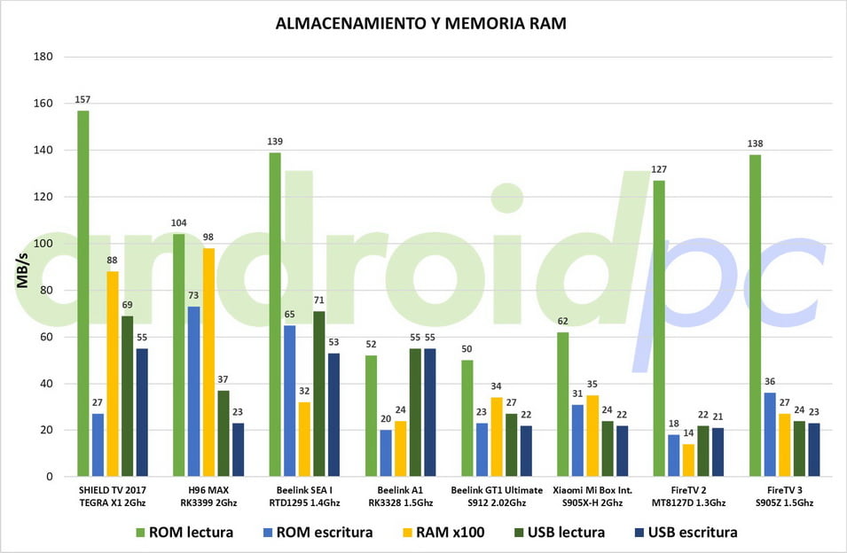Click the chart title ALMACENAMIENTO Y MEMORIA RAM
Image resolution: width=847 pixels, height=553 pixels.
pyautogui.click(x=421, y=24)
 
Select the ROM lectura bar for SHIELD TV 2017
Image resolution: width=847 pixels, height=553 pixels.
pyautogui.click(x=83, y=293)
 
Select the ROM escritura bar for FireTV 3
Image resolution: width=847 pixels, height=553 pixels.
pyautogui.click(x=770, y=434)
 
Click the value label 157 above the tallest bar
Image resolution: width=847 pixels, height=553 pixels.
pyautogui.click(x=83, y=100)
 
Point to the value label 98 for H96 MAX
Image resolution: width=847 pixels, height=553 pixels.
pyautogui.click(x=208, y=238)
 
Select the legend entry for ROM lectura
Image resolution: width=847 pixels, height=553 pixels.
pyautogui.click(x=184, y=532)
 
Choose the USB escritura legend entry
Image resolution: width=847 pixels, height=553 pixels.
pyautogui.click(x=685, y=532)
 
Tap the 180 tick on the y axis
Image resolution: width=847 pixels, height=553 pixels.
pyautogui.click(x=43, y=57)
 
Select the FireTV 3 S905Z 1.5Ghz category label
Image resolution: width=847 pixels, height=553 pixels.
pyautogui.click(x=783, y=496)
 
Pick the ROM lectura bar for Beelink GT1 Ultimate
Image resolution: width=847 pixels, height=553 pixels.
pyautogui.click(x=467, y=417)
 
